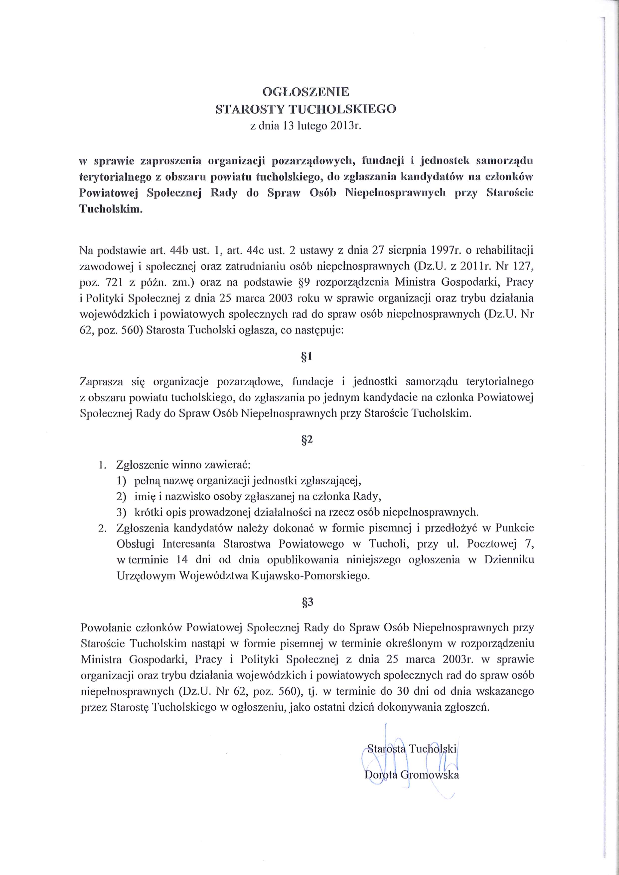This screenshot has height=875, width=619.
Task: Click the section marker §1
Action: [x=307, y=357]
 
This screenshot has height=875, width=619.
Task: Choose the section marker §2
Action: [x=307, y=440]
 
